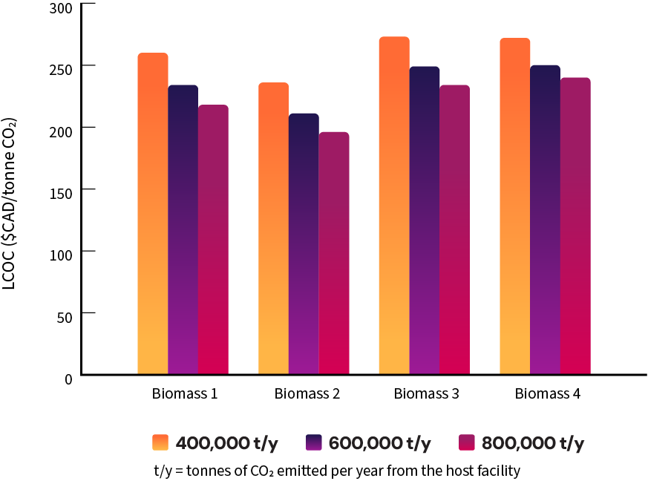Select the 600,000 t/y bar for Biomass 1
tap(183, 230)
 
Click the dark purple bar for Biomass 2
tap(304, 244)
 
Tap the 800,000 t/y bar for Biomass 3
tap(454, 230)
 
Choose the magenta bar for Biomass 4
tap(575, 226)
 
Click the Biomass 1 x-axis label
tap(184, 393)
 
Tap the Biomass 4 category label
tap(547, 393)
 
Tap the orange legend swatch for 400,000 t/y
tap(161, 442)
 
